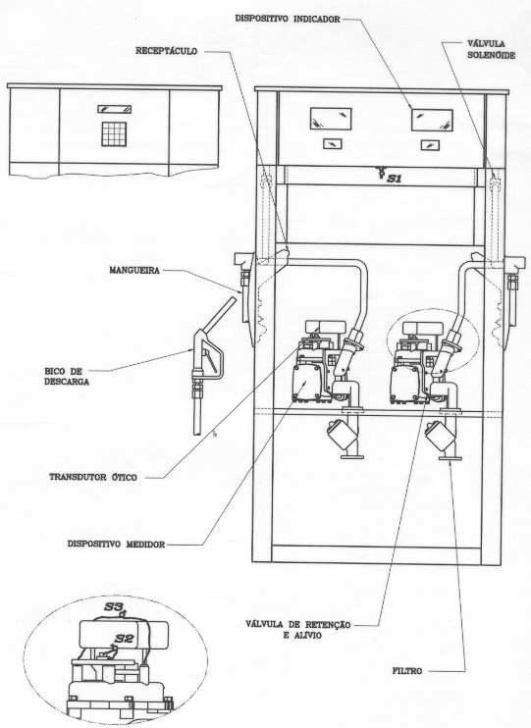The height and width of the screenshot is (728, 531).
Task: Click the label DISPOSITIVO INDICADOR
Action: point(288,19)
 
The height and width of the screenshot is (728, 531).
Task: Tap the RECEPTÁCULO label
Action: point(166,51)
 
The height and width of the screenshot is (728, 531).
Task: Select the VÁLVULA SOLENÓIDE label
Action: point(491,49)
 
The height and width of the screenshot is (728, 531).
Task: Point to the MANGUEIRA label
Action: point(134,270)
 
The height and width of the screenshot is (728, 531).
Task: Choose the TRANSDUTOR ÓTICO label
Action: point(93,477)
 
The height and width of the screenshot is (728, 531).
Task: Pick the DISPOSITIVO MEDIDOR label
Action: point(116,544)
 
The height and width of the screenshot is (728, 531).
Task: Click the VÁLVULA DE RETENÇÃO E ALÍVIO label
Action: point(298,630)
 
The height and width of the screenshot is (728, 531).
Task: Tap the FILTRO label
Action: point(407,671)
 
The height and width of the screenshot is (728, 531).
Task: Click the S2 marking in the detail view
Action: point(124,640)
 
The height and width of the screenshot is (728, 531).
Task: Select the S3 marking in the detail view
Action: point(113,606)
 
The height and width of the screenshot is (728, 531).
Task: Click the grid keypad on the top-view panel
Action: point(114,134)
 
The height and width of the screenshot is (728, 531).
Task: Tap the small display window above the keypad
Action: point(114,110)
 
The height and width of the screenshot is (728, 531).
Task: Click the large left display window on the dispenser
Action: point(331,119)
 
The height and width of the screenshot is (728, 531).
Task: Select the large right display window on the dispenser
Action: point(432,121)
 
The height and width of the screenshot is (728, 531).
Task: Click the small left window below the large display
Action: point(333,143)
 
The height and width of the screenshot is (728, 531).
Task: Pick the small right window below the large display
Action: point(431,145)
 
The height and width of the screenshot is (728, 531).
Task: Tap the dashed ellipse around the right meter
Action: point(387,341)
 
